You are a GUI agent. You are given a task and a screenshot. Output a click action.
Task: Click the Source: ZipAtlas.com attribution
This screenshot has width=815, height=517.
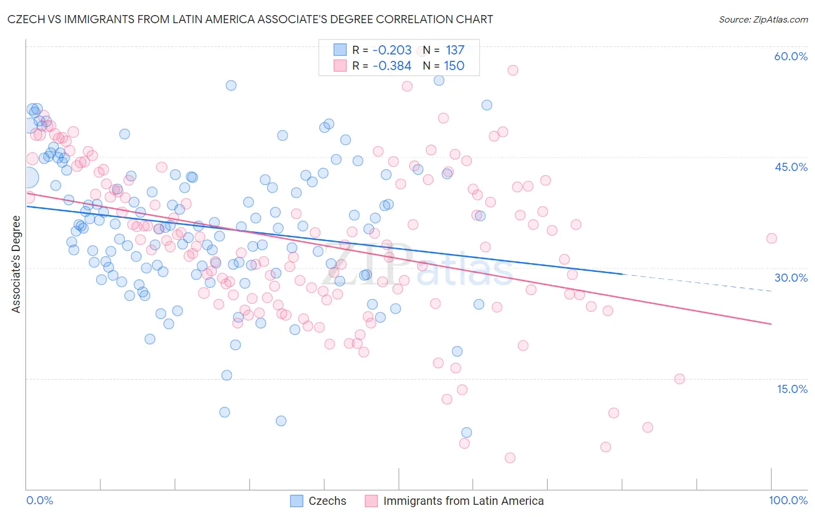tap(763, 19)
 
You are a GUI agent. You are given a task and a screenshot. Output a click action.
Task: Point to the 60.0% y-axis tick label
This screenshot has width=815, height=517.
tap(791, 56)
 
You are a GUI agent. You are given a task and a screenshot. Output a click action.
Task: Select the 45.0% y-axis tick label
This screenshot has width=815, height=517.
tap(791, 167)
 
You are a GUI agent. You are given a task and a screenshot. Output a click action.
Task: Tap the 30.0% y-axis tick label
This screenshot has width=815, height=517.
tap(791, 278)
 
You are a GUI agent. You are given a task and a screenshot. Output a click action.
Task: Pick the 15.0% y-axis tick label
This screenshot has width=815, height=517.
tap(792, 389)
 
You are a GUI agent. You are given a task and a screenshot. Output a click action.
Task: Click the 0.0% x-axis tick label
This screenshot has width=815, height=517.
tap(39, 500)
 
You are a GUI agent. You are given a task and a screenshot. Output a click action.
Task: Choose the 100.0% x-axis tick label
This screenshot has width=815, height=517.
tap(788, 500)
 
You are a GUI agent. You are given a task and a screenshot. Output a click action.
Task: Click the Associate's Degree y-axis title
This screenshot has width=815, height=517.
tap(16, 264)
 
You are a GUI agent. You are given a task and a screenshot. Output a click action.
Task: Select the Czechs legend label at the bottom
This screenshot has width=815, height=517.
tap(327, 501)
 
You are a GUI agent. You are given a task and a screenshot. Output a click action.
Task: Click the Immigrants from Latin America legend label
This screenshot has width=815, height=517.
tap(463, 501)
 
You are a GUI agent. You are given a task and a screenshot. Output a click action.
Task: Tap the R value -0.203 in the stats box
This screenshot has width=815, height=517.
tap(392, 50)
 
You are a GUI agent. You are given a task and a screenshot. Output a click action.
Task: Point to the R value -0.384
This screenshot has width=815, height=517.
tap(392, 66)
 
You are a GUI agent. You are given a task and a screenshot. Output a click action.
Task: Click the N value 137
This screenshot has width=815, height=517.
tap(455, 50)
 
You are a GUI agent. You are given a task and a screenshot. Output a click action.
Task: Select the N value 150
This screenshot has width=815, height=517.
tap(454, 66)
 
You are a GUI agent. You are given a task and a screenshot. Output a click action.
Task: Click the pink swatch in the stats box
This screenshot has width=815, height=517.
tap(340, 65)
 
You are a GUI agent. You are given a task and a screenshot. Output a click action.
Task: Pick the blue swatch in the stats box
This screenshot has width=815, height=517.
tap(340, 50)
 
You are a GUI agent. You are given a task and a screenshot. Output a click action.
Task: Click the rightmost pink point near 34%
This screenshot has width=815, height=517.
tap(771, 238)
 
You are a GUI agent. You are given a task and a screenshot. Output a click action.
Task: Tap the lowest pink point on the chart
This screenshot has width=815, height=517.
tap(510, 458)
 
